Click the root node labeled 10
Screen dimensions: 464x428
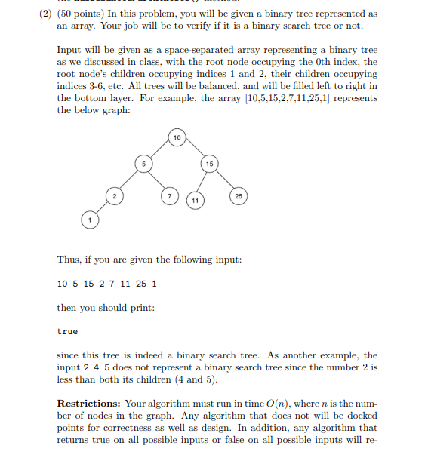176,137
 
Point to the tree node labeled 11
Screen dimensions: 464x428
196,200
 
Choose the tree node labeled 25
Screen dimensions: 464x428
239,197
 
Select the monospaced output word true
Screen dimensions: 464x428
67,331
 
